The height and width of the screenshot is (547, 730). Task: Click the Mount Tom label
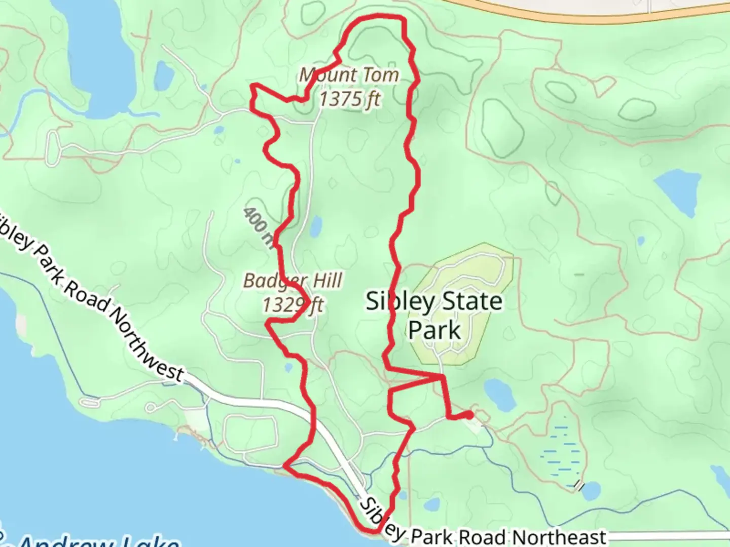coord(349,75)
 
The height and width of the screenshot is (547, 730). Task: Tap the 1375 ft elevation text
coord(349,98)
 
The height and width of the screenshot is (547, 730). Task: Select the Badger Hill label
coord(293,280)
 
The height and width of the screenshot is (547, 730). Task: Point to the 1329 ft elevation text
coord(293,305)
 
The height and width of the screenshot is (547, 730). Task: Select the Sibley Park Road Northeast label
coord(482,532)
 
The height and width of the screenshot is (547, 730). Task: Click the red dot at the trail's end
coord(469,415)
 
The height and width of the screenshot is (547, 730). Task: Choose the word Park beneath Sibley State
coord(434,330)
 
